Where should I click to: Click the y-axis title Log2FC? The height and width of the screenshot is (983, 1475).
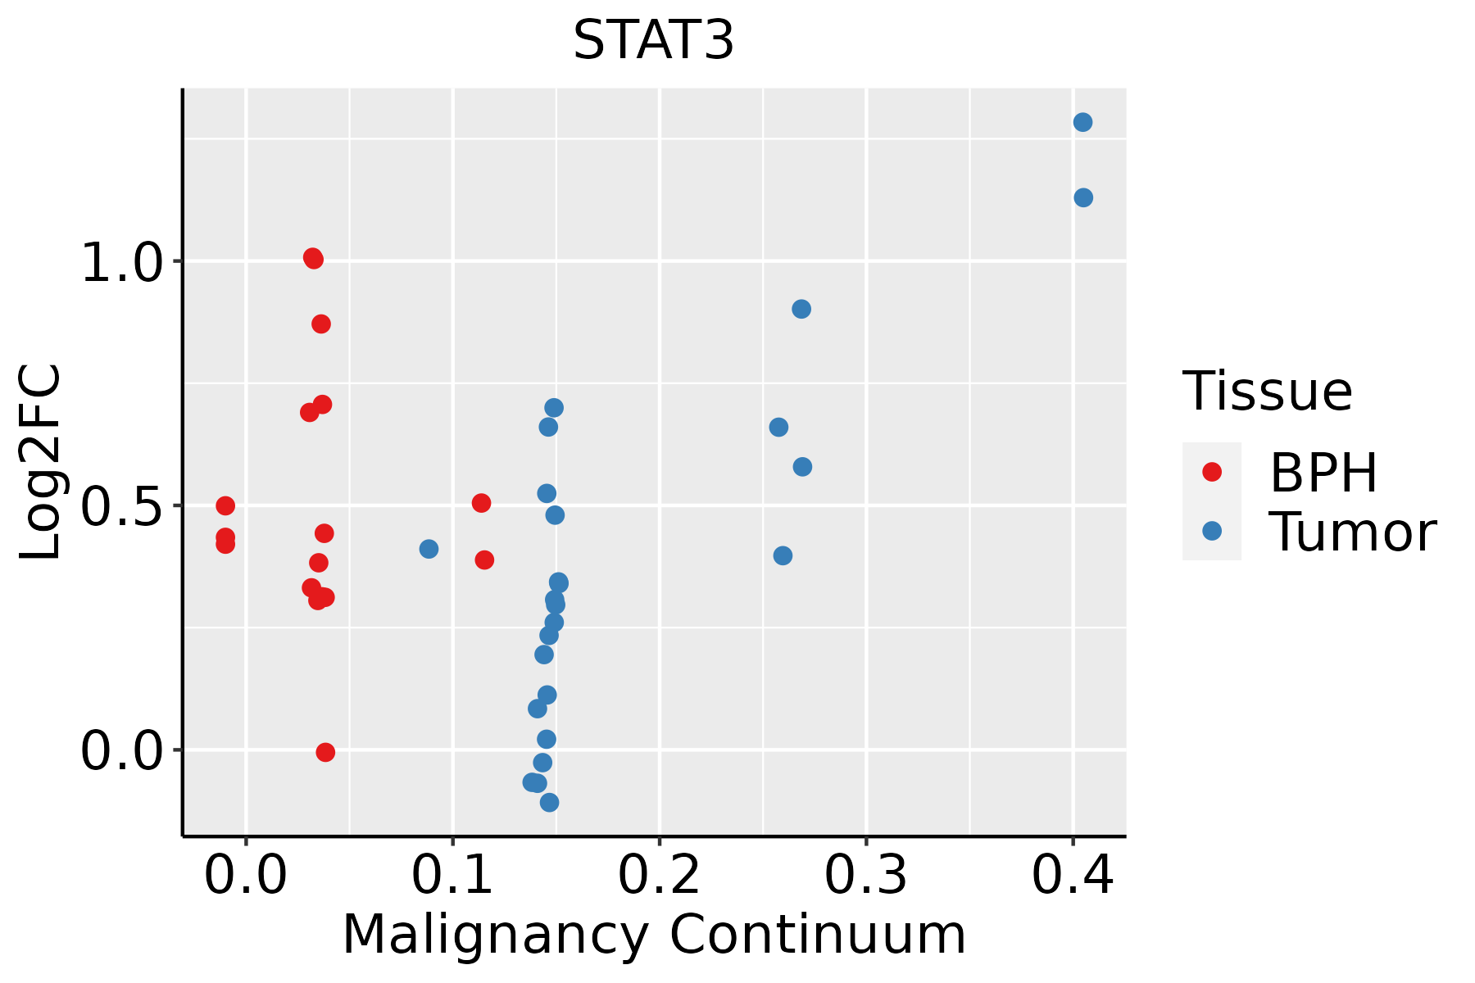[39, 463]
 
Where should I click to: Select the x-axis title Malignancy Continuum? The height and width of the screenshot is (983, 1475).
[653, 935]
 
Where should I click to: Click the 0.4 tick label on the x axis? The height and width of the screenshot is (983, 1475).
[1072, 875]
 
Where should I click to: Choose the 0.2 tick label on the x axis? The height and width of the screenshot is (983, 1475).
[659, 875]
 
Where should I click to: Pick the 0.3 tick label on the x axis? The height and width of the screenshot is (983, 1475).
[865, 875]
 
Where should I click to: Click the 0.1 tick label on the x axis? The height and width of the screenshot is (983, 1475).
[452, 875]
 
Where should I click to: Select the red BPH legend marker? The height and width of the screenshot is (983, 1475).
[1211, 472]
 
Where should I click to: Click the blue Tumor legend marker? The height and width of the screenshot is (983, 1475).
[1211, 531]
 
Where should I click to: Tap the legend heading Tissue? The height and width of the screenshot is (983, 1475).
[1267, 392]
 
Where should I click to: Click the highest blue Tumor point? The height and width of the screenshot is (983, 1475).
[1082, 123]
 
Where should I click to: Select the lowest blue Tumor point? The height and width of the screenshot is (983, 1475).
[549, 802]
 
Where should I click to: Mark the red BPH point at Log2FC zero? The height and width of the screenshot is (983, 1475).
[325, 752]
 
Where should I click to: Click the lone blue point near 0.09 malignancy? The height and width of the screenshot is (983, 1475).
[429, 549]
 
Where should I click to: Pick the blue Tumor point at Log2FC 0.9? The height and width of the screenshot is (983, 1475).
[801, 309]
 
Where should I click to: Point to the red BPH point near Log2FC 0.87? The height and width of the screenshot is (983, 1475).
[321, 324]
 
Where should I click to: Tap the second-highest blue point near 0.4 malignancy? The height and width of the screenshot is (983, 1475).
[1083, 197]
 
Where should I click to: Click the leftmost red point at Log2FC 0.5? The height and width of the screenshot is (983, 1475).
[225, 505]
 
